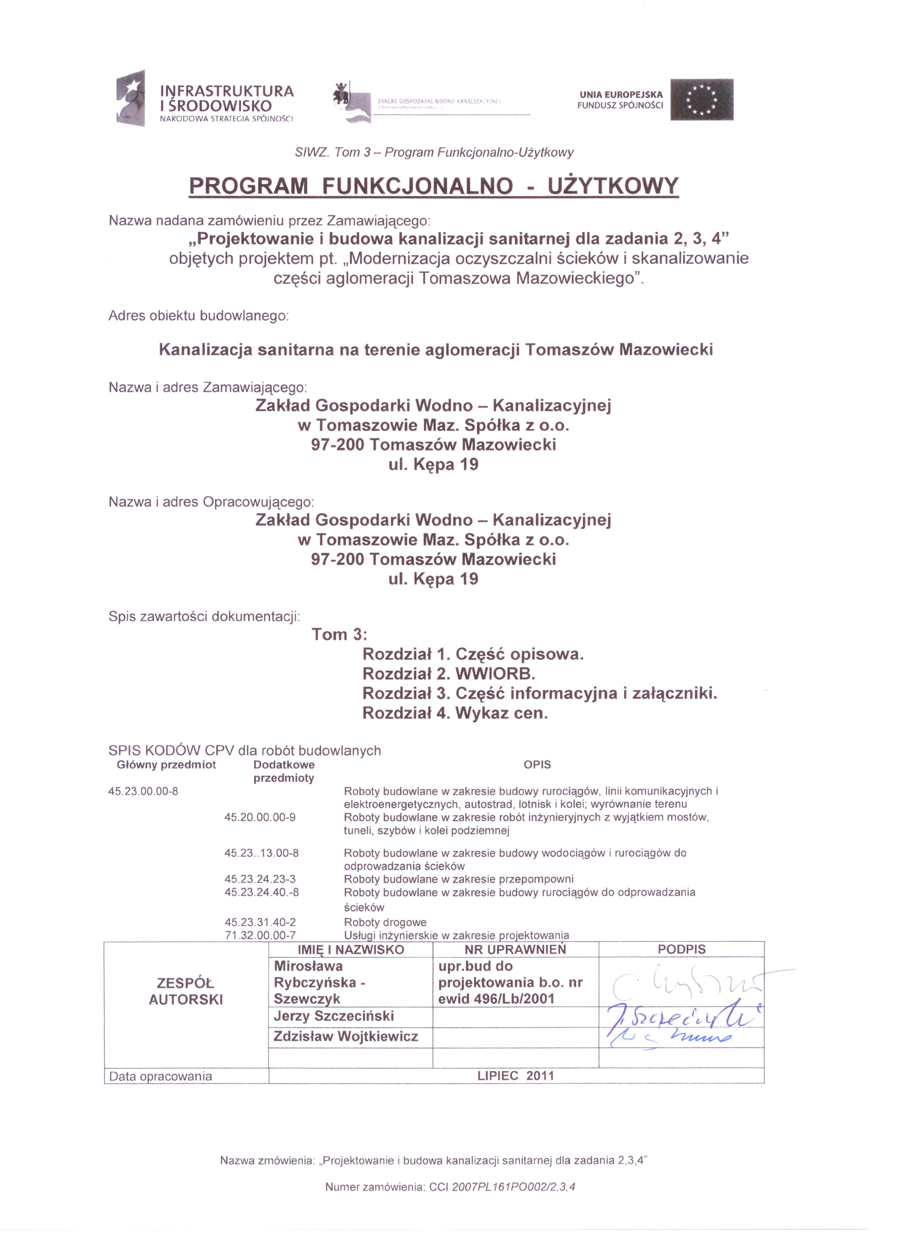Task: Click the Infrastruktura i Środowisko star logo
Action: tap(132, 98)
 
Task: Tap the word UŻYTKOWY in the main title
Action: tap(613, 186)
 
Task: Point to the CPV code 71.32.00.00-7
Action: tap(260, 935)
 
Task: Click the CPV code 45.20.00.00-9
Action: tap(260, 817)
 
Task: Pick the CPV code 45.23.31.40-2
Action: tap(260, 922)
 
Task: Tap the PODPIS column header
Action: tap(681, 949)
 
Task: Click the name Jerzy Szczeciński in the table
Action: tap(334, 1016)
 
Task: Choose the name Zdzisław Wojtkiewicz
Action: tap(345, 1036)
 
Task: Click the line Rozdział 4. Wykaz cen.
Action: tap(455, 713)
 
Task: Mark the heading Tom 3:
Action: tap(339, 634)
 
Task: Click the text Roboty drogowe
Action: tap(385, 922)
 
